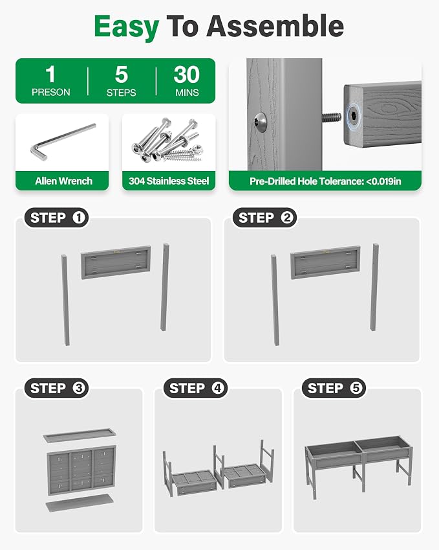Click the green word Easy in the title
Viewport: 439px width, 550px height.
click(x=126, y=27)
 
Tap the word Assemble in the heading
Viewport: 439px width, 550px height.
click(x=275, y=27)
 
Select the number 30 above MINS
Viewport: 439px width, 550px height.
click(x=187, y=74)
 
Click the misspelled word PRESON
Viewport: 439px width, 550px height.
click(x=51, y=92)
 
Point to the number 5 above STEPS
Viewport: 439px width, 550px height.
click(x=121, y=74)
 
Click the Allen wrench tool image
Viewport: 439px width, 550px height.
click(x=62, y=142)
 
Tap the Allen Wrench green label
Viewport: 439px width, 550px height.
click(x=64, y=181)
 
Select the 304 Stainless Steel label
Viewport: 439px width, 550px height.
click(x=169, y=181)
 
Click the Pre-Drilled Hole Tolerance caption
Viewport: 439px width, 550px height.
click(x=325, y=181)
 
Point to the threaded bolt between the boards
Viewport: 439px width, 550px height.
click(x=331, y=117)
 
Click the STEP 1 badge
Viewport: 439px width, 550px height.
click(x=56, y=218)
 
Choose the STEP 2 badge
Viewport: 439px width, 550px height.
click(x=264, y=218)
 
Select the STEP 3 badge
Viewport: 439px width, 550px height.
click(x=56, y=388)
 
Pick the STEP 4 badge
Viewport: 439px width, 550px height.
click(x=196, y=388)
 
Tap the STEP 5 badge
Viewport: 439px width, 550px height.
click(x=334, y=388)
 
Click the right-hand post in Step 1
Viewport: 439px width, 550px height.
click(x=164, y=286)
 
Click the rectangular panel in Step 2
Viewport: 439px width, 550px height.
click(x=325, y=262)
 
